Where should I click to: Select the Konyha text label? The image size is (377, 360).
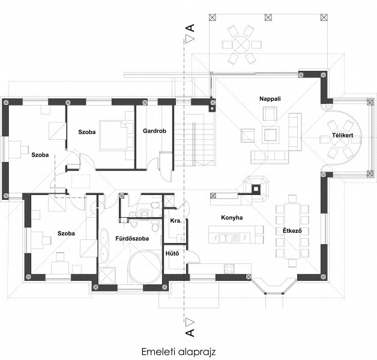pos(232,217)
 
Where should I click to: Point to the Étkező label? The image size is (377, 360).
pos(292,230)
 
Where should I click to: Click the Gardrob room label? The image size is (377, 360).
pos(154,131)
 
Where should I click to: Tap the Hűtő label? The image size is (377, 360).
pos(172,254)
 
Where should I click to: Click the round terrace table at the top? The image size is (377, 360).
pos(241,44)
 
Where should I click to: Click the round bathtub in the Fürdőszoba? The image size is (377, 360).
pos(144,268)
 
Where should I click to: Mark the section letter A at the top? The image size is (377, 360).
pos(190,28)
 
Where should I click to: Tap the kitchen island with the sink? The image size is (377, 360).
pos(236,236)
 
